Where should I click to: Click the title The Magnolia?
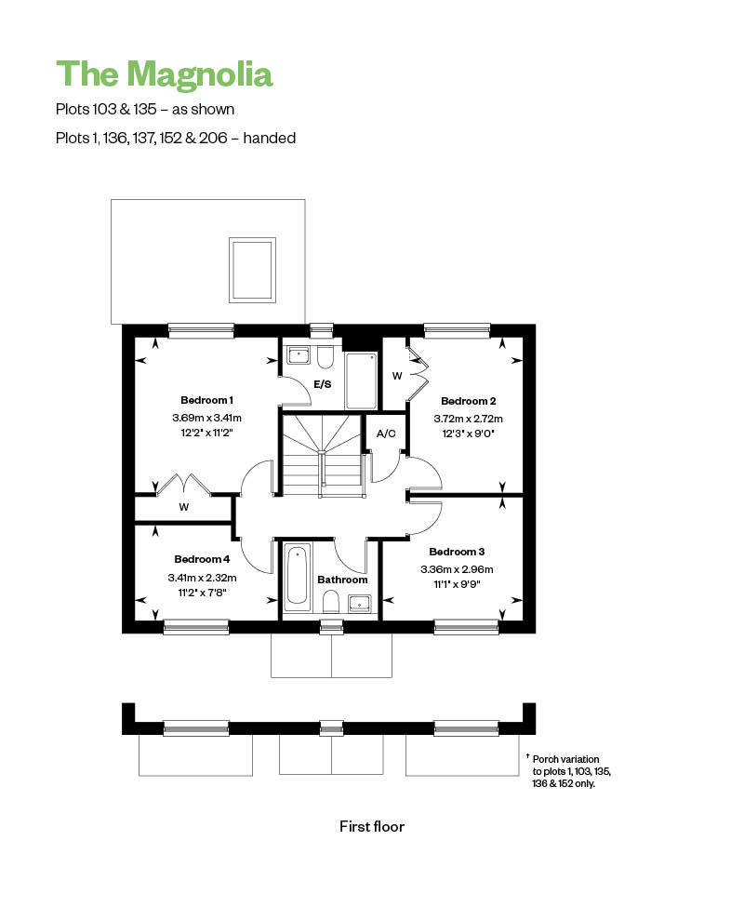[165, 74]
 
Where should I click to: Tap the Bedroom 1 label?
[207, 400]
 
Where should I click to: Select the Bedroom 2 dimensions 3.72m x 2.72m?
[468, 419]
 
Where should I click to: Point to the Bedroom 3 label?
[457, 552]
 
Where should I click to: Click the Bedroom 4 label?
[202, 559]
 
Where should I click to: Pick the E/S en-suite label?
[323, 384]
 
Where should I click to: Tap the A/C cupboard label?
[386, 433]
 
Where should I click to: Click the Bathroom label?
[342, 580]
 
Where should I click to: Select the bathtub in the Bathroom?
[298, 578]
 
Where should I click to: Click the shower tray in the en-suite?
[362, 381]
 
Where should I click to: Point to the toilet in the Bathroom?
[331, 602]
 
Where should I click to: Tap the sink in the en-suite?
[299, 355]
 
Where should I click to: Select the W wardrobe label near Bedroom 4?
[184, 507]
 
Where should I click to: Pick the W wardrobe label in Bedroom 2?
[397, 376]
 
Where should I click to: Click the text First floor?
[372, 827]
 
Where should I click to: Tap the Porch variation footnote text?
[569, 771]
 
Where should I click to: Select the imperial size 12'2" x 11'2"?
[206, 433]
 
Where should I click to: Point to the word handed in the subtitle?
[270, 139]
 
